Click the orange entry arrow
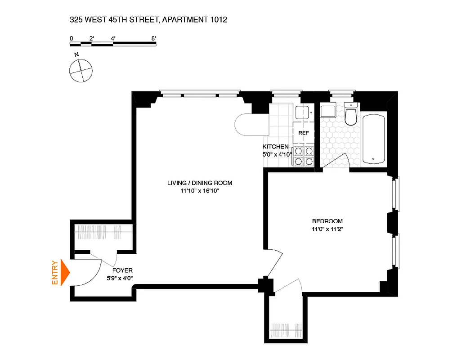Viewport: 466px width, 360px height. point(66,273)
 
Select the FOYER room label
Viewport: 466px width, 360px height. point(122,270)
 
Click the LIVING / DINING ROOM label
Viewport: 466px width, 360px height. point(200,183)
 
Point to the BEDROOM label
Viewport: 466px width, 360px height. point(327,221)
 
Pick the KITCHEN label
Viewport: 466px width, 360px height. point(275,147)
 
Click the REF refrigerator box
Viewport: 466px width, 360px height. point(304,133)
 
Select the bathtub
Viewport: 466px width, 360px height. point(373,139)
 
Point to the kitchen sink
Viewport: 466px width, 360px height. point(301,112)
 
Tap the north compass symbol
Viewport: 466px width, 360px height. point(81,70)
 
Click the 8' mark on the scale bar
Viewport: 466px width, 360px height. point(154,38)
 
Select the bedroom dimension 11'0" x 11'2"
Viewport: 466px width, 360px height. point(327,229)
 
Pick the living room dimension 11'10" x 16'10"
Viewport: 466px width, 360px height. point(199,191)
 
